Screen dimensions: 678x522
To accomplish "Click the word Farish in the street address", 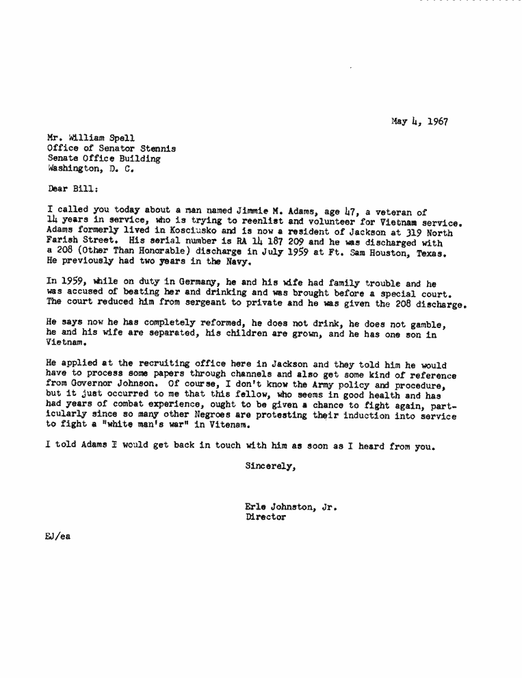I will click(63, 242).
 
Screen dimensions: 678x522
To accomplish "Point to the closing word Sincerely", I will click(270, 467).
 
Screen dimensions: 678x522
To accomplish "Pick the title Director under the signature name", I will click(265, 518).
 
